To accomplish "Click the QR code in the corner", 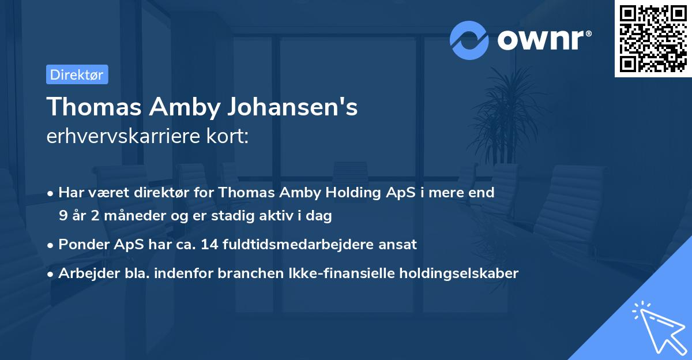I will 653,39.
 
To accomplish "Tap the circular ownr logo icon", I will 469,40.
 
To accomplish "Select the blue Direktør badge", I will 77,74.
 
